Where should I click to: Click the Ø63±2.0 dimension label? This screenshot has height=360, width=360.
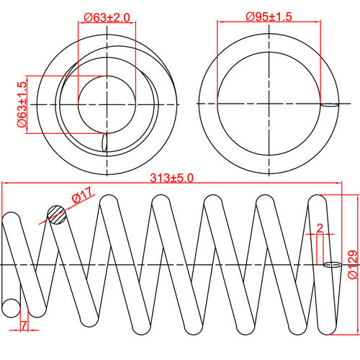tap(106, 15)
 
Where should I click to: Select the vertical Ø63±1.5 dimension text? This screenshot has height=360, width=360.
tap(22, 105)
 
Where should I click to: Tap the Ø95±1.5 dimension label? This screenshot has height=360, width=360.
tap(269, 15)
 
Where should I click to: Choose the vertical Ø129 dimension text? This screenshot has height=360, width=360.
tap(352, 264)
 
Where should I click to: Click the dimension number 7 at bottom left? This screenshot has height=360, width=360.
tap(25, 326)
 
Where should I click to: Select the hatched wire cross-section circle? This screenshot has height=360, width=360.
tap(58, 215)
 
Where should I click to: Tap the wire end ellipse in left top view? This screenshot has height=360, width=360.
tap(106, 142)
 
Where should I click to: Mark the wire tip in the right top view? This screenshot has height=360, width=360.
tap(330, 105)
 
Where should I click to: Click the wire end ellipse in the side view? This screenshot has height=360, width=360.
tap(332, 265)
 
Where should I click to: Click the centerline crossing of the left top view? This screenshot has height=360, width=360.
tap(107, 105)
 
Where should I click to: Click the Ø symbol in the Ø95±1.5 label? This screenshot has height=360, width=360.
tap(249, 15)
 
